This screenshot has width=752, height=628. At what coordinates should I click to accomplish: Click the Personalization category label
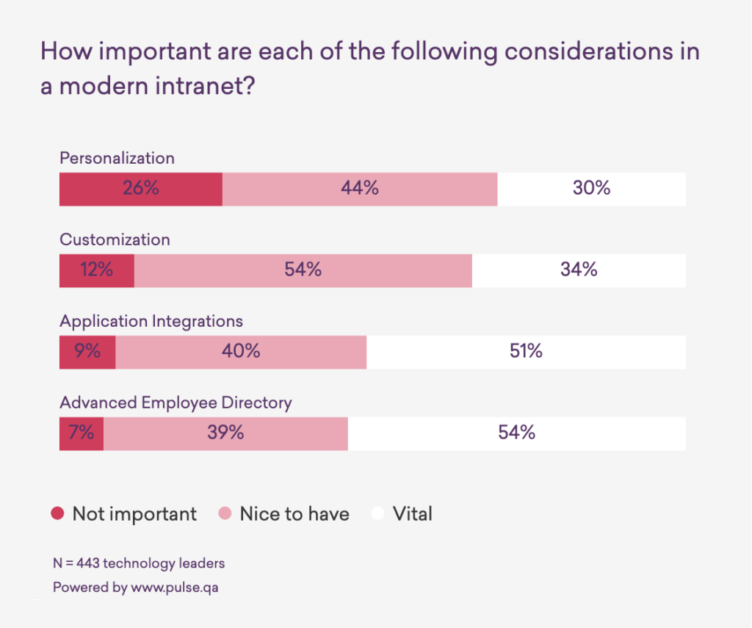[117, 158]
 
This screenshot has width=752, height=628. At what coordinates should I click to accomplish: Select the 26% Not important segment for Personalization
[140, 189]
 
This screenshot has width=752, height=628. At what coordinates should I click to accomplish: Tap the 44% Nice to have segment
[360, 189]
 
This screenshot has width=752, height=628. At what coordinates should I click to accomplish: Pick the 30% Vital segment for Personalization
[591, 189]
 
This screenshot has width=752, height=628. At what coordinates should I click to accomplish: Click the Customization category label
[115, 239]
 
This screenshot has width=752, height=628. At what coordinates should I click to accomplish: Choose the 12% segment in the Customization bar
[97, 270]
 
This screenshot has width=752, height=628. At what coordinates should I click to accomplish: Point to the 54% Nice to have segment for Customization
[303, 270]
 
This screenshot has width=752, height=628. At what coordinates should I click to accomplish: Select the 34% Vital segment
[579, 270]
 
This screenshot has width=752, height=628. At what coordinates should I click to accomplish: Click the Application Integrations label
[151, 321]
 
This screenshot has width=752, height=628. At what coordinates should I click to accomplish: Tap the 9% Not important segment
[87, 352]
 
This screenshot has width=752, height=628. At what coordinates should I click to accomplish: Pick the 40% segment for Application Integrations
[241, 352]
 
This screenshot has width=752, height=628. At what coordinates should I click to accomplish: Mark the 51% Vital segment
[526, 352]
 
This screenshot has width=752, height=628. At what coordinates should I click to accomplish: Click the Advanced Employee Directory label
[176, 403]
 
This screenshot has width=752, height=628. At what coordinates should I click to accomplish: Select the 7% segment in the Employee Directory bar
[82, 433]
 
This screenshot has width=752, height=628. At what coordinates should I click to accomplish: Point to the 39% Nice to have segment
[225, 433]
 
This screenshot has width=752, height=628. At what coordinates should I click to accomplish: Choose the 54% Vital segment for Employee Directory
[517, 433]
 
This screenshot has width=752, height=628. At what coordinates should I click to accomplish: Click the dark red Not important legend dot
[58, 513]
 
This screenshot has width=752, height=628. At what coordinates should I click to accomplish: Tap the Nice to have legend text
[294, 514]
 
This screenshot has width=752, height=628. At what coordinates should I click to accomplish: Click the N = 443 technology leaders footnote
[139, 564]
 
